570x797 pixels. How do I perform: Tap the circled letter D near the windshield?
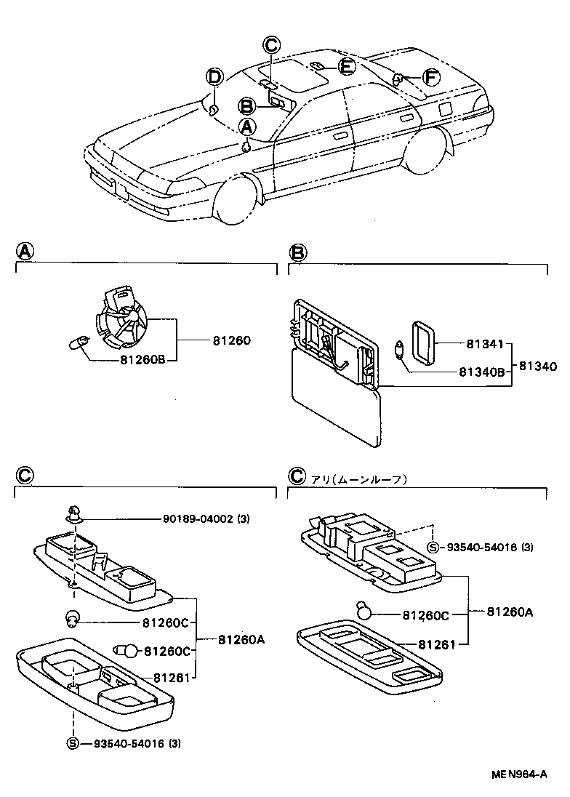pyautogui.click(x=214, y=76)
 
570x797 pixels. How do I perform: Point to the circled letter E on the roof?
pyautogui.click(x=346, y=67)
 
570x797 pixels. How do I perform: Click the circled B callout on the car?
pyautogui.click(x=247, y=106)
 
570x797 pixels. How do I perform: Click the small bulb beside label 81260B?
pyautogui.click(x=78, y=341)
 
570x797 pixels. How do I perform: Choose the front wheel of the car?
pyautogui.click(x=238, y=198)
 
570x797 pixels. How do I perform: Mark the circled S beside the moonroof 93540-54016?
pyautogui.click(x=433, y=547)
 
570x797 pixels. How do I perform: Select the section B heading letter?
pyautogui.click(x=298, y=252)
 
